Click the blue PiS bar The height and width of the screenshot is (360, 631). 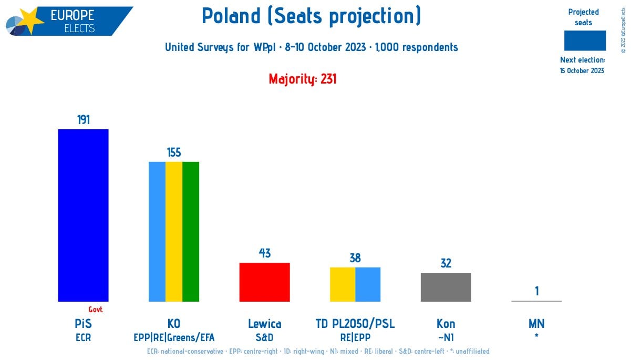[83, 215]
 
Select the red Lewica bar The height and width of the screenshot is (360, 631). [264, 282]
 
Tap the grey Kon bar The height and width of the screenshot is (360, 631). [446, 287]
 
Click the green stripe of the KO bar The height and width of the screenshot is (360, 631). [191, 231]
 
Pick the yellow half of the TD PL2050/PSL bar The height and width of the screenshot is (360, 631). [343, 284]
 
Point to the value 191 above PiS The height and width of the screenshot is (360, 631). [83, 120]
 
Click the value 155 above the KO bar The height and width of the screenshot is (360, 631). [174, 152]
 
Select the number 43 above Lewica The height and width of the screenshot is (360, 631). [264, 253]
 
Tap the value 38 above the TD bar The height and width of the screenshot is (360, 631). [355, 258]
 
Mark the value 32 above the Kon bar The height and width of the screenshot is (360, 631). [446, 263]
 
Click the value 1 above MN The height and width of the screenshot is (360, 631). [536, 291]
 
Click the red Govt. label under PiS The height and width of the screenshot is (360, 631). [96, 310]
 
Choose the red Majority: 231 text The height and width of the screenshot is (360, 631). [303, 79]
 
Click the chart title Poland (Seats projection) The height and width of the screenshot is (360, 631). [312, 17]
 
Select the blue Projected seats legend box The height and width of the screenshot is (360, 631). [585, 40]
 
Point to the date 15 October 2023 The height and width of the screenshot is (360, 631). [582, 71]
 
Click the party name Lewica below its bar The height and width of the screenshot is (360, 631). [264, 324]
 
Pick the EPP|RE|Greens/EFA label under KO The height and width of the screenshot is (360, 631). [174, 337]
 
